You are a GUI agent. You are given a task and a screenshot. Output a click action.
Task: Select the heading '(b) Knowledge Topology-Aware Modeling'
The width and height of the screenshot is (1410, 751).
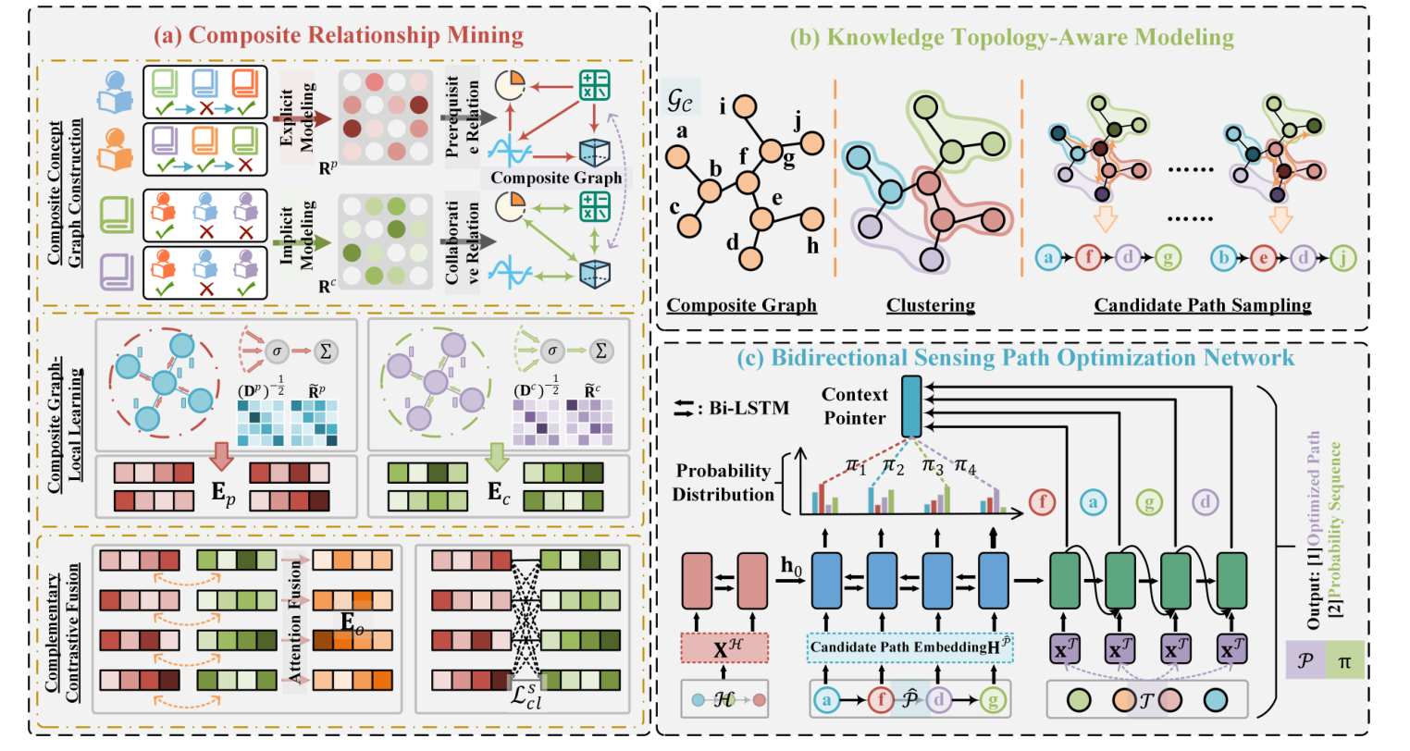(x=1011, y=37)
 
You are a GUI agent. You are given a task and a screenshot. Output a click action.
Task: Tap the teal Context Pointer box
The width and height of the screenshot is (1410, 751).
(x=910, y=405)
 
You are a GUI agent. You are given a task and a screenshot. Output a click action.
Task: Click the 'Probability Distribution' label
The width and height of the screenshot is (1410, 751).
(x=724, y=482)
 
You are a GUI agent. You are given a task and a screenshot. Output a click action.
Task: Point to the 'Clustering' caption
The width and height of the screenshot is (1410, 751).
(x=930, y=305)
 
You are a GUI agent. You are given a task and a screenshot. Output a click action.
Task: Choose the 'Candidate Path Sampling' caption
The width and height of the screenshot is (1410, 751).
(x=1202, y=305)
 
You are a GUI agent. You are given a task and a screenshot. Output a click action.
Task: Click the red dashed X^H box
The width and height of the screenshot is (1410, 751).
(x=724, y=648)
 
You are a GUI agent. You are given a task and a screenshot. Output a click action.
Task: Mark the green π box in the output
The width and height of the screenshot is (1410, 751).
(x=1343, y=662)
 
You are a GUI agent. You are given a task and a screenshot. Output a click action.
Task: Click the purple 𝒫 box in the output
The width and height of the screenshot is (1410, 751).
(x=1305, y=662)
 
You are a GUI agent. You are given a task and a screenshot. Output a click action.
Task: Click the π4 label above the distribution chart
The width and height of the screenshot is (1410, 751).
(x=964, y=465)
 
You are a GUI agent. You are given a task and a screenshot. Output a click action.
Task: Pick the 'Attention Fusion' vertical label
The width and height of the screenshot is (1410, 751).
(x=295, y=622)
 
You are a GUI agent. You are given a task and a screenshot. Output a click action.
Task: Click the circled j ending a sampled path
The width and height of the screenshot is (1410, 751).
(x=1343, y=258)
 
